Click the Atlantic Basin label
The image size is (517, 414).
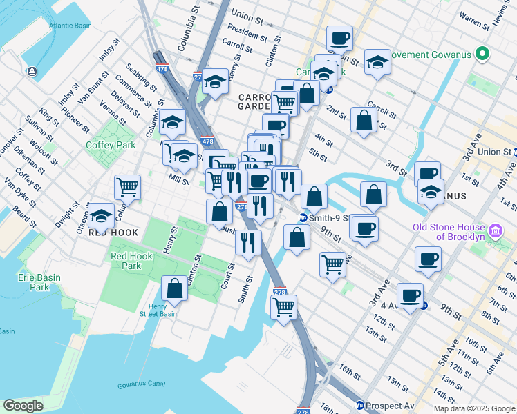(x=70, y=26)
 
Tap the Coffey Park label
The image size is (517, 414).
(x=111, y=145)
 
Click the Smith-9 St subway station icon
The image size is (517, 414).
(x=303, y=218)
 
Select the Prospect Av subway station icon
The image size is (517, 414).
(x=359, y=406)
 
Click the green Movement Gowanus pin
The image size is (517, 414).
(x=486, y=54)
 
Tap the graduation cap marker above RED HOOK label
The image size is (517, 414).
(x=102, y=216)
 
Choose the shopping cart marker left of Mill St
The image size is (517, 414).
(x=127, y=186)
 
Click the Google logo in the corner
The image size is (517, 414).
(x=23, y=406)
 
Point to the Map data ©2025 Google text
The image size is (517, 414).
(x=473, y=408)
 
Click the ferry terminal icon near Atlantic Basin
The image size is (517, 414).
(x=32, y=71)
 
